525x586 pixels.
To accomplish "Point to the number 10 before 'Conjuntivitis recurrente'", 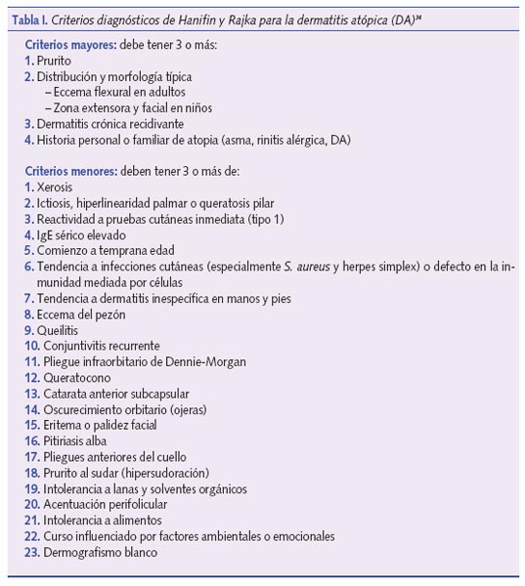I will pyautogui.click(x=30, y=346).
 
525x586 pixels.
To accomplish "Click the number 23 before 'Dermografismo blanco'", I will pyautogui.click(x=30, y=552).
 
